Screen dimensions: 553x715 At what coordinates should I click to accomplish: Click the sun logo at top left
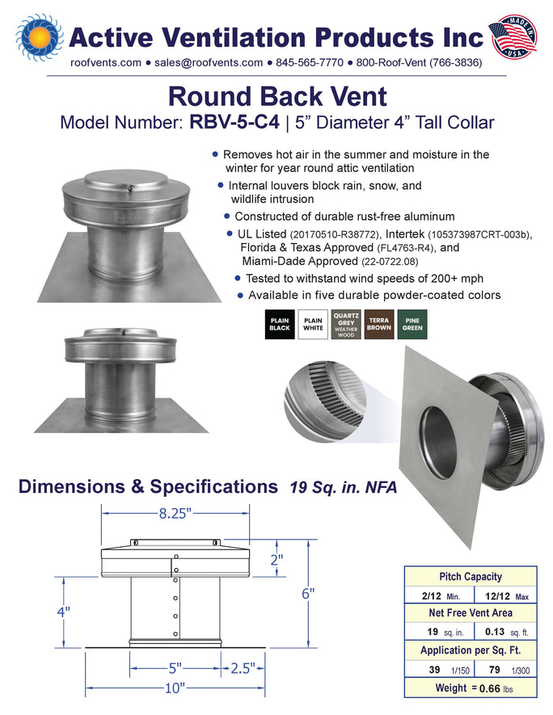39,37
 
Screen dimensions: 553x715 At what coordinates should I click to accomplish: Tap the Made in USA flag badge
513,36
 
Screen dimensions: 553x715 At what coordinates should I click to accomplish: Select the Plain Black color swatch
280,324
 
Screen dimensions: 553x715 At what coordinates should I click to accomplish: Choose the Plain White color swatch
313,324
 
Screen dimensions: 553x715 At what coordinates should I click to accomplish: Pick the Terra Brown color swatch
379,324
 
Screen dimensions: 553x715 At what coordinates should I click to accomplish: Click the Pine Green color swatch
412,324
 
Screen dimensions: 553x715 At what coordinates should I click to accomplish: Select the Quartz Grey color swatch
346,324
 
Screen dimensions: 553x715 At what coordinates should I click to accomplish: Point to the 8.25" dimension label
175,514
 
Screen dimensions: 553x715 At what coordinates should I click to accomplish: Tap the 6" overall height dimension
308,594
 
